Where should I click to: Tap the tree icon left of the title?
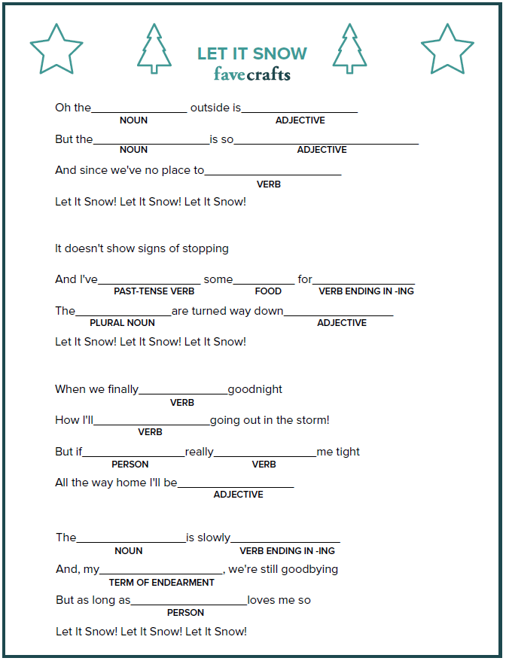pos(154,49)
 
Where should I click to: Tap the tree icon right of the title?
pos(349,49)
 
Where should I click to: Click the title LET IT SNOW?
pos(252,54)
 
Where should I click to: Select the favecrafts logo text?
pos(252,75)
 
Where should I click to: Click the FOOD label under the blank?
pos(268,291)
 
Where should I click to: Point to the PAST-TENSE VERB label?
pos(154,291)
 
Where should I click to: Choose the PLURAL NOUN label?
pos(122,323)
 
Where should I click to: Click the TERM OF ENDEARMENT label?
pos(162,583)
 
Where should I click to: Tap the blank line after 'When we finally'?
pos(183,392)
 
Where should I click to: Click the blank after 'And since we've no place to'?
pos(273,173)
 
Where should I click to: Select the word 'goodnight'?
pos(255,389)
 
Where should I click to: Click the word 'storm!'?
pos(312,420)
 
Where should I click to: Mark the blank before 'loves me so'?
pos(189,603)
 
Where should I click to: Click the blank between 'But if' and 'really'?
pos(134,455)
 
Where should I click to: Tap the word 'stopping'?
pos(204,248)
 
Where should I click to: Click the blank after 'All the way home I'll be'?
pos(236,486)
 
